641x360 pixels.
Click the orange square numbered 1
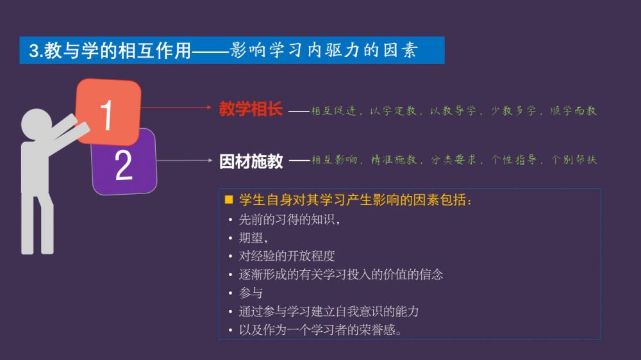click(108, 111)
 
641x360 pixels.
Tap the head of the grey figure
click(37, 124)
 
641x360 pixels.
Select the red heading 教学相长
click(251, 109)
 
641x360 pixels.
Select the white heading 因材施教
click(251, 161)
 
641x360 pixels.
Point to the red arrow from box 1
click(176, 108)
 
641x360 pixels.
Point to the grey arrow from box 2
click(185, 160)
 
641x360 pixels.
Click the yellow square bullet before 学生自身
click(229, 199)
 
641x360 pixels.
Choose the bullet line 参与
click(251, 293)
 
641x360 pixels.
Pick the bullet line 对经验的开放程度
click(287, 256)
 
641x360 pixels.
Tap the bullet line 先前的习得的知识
click(289, 220)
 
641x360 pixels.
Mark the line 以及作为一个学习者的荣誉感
click(320, 330)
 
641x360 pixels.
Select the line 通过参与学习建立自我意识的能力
click(329, 311)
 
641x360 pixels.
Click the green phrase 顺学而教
click(573, 111)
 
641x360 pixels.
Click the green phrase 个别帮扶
click(574, 160)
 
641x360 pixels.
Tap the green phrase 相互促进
click(333, 111)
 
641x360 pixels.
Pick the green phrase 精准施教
click(394, 160)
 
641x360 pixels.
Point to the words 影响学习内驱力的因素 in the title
click(323, 50)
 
